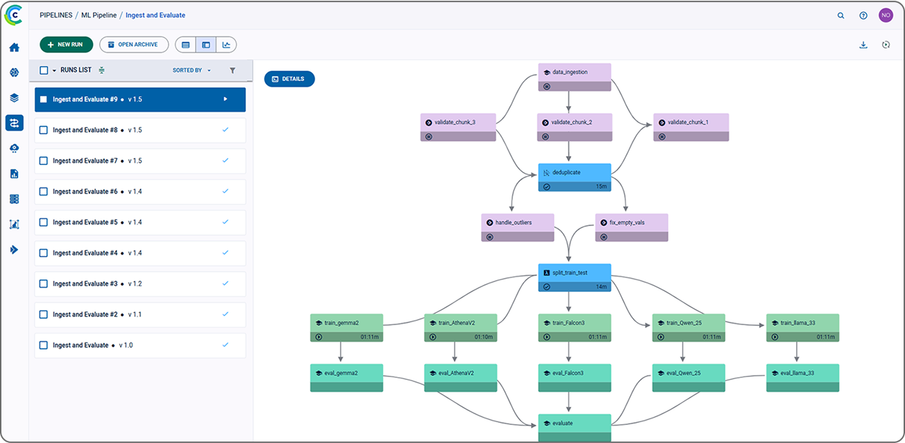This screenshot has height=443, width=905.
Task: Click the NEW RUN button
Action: pyautogui.click(x=66, y=44)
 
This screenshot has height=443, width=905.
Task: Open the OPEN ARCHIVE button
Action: pyautogui.click(x=134, y=44)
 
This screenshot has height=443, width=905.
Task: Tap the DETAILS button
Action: pyautogui.click(x=289, y=78)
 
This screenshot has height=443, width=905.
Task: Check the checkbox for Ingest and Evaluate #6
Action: pyautogui.click(x=44, y=191)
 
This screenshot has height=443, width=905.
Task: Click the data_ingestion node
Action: pyautogui.click(x=575, y=77)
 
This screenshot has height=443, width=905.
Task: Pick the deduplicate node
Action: pyautogui.click(x=575, y=177)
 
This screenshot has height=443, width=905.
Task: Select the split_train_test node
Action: pyautogui.click(x=575, y=277)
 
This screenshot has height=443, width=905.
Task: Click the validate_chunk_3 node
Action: pyautogui.click(x=458, y=127)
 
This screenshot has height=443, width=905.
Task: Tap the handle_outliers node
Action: pyautogui.click(x=518, y=227)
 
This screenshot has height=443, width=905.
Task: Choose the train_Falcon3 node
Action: pyautogui.click(x=575, y=328)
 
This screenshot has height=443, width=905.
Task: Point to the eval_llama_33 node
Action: pyautogui.click(x=803, y=378)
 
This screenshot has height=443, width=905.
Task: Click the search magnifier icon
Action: pyautogui.click(x=840, y=16)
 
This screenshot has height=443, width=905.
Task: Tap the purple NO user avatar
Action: pyautogui.click(x=886, y=15)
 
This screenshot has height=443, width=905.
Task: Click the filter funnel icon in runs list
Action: pyautogui.click(x=232, y=70)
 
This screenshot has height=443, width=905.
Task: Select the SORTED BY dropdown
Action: pyautogui.click(x=192, y=70)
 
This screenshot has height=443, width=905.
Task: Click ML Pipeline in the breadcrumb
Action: pyautogui.click(x=99, y=15)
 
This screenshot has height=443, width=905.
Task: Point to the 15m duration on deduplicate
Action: pyautogui.click(x=601, y=186)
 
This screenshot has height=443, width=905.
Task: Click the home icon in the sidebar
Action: pyautogui.click(x=14, y=48)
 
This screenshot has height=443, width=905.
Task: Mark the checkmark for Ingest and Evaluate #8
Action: pyautogui.click(x=226, y=130)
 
